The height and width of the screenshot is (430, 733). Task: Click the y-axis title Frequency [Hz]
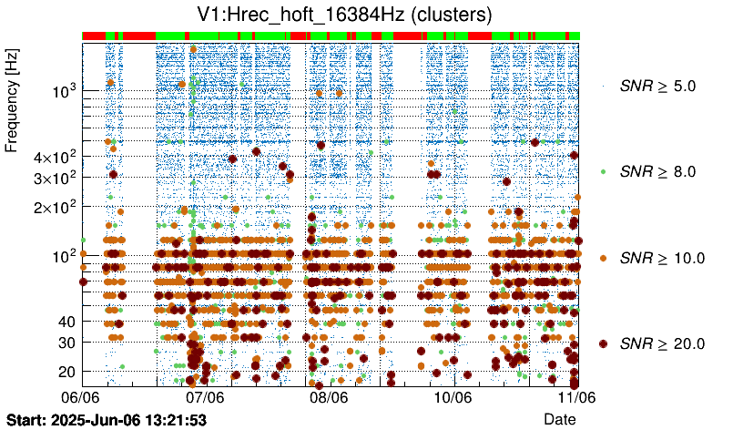pos(13,101)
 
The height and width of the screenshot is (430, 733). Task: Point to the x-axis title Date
pos(559,418)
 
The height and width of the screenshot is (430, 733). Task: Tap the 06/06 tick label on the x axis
pos(81,397)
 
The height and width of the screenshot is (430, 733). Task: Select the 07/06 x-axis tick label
pos(205,397)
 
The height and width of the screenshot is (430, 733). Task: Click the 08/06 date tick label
pos(329,397)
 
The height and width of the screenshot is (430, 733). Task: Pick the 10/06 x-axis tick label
pos(453,397)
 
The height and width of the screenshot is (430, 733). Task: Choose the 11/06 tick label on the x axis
pos(576,397)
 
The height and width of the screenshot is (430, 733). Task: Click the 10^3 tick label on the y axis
pos(63,91)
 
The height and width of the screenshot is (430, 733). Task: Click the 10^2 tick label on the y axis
pos(63,255)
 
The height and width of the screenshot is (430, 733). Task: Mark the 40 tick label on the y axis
pos(66,322)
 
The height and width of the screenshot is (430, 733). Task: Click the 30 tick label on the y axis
pos(66,342)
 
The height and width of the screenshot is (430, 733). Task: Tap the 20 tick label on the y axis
pos(66,371)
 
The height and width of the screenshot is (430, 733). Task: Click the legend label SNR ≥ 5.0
pos(657,87)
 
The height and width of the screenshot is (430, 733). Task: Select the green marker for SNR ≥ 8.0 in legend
pos(603,171)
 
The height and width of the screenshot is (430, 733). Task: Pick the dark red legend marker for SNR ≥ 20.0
pos(603,343)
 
